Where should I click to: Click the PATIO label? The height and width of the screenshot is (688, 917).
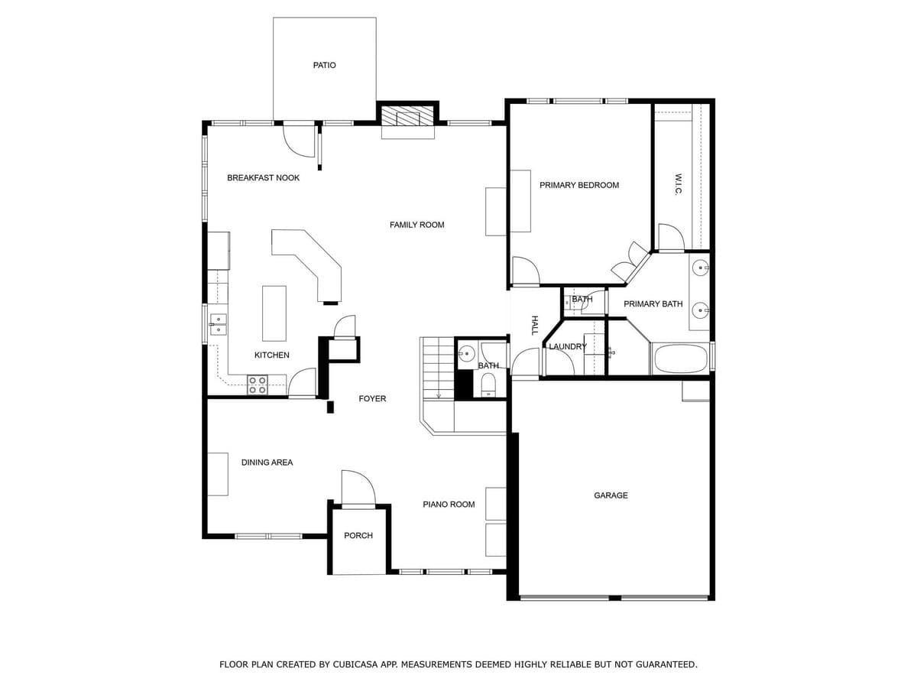point(324,65)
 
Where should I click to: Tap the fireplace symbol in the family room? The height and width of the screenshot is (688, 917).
point(408,118)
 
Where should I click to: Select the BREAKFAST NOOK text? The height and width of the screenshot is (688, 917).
point(263,178)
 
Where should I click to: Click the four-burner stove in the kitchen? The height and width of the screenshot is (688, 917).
point(257,385)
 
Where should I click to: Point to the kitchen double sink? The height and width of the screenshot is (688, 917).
point(219,324)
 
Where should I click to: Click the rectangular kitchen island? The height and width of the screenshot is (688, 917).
point(274,313)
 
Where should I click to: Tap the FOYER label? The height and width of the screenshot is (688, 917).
point(372,399)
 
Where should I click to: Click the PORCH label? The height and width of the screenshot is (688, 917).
point(358,536)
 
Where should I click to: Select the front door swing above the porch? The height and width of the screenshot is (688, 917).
point(357,488)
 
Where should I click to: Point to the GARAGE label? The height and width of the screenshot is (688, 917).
point(611,496)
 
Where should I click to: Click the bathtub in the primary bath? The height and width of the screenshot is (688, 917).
point(679,359)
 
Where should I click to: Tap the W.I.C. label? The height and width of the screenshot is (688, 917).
point(678,183)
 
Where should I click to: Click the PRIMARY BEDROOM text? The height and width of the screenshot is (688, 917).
point(579,185)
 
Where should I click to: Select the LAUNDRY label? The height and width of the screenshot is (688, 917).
point(567,347)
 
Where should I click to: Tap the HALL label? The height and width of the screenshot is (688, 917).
point(534,325)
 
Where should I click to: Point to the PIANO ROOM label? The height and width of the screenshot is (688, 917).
point(449,505)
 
